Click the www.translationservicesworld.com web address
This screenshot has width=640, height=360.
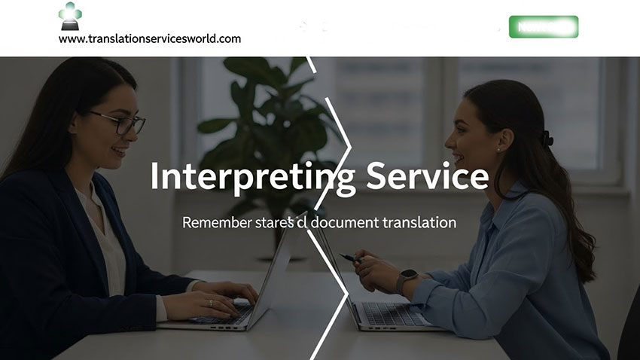coord(150,38)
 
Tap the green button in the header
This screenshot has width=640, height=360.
coord(543,27)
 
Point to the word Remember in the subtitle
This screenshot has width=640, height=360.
coord(218,223)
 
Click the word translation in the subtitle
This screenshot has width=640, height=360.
coord(419,223)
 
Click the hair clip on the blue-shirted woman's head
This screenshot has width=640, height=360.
coord(547,138)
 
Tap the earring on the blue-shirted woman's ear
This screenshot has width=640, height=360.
coord(497,149)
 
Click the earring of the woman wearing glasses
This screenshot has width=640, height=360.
coord(74,130)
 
